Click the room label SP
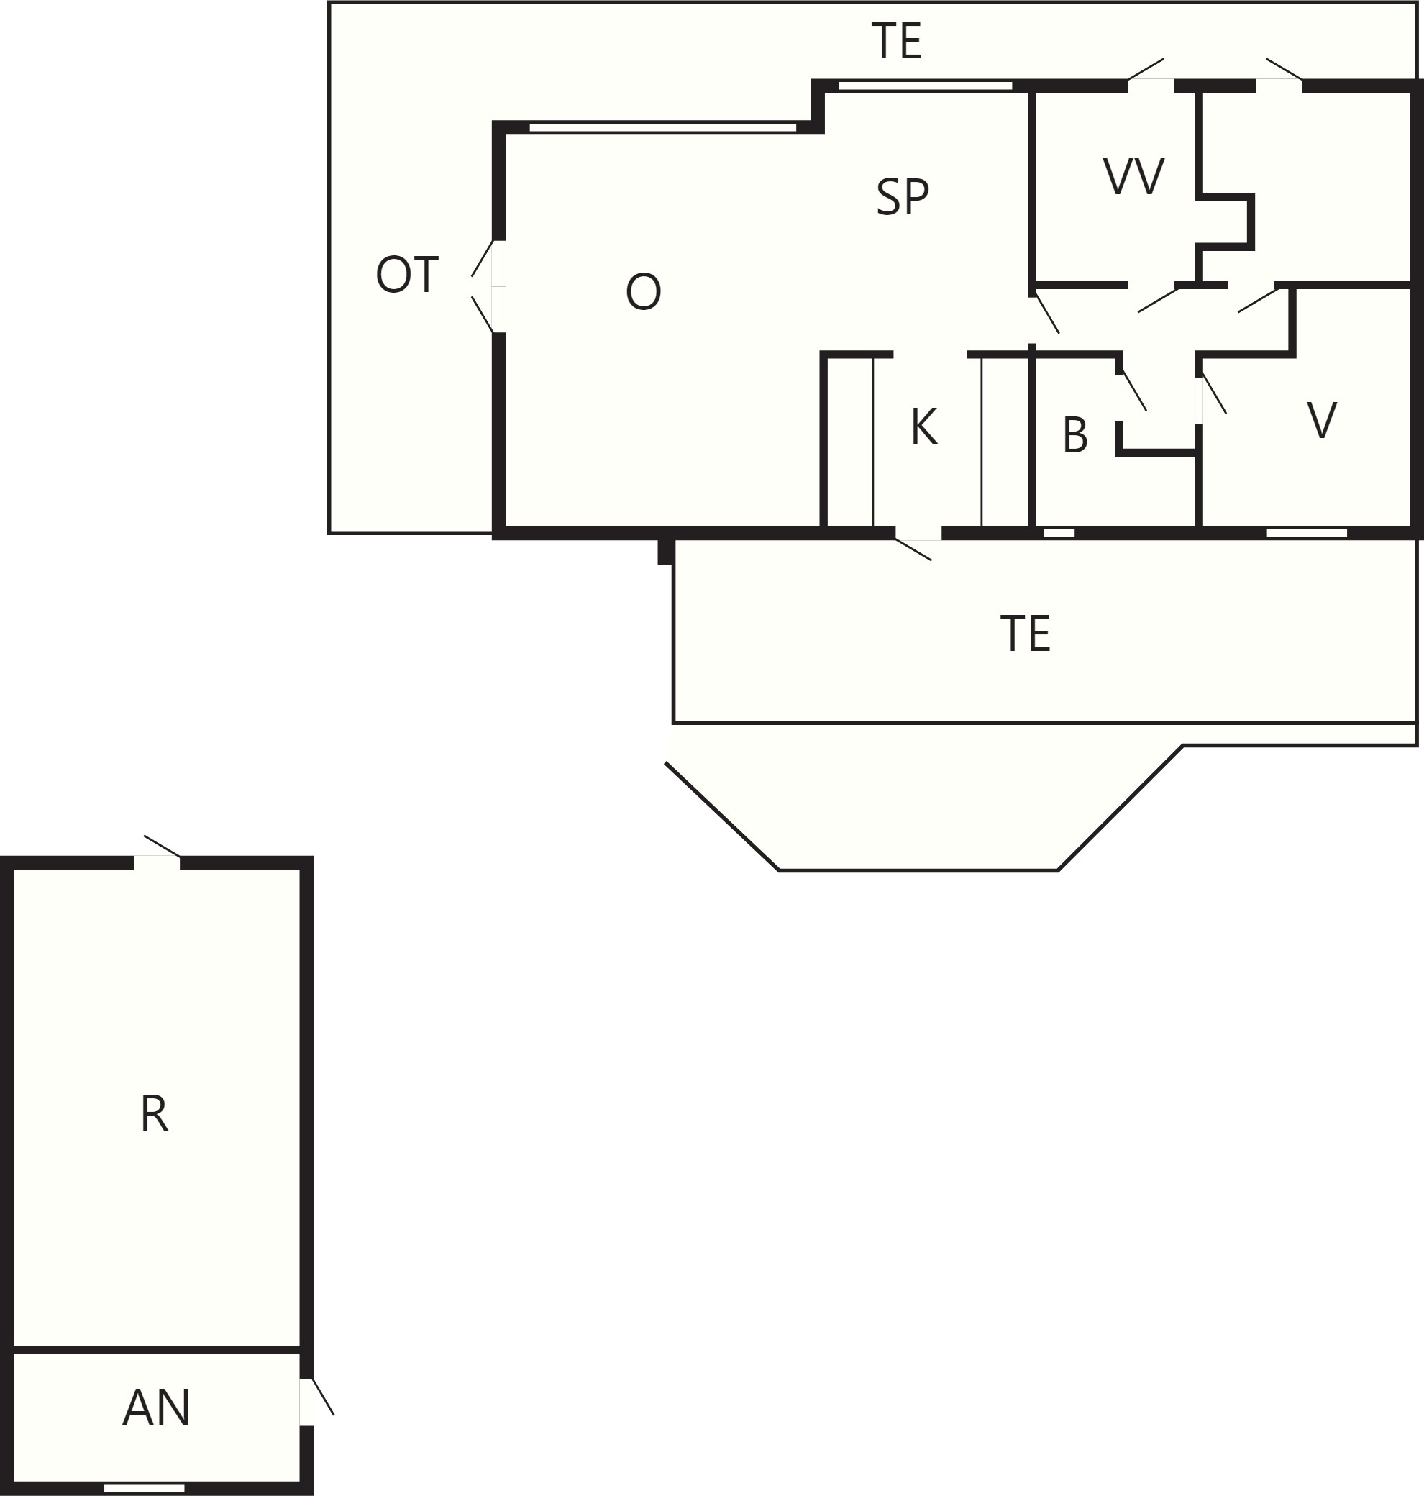(x=902, y=197)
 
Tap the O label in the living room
(x=643, y=292)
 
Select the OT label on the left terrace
(x=407, y=275)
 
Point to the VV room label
(x=1133, y=177)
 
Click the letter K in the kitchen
(x=923, y=427)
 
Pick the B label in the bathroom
(x=1074, y=435)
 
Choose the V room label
(x=1322, y=420)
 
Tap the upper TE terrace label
(x=896, y=41)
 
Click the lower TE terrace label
(x=1025, y=634)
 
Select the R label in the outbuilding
(x=154, y=1114)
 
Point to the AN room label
(x=156, y=1408)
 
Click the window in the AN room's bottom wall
(x=145, y=1488)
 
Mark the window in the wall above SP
(x=926, y=86)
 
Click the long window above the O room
(x=662, y=127)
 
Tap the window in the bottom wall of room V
(x=1306, y=533)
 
